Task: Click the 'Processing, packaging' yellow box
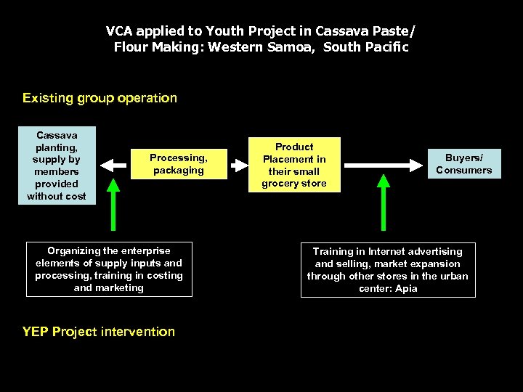pos(179,164)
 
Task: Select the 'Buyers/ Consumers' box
pos(463,164)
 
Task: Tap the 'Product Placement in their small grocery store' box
pos(294,165)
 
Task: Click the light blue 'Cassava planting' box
pos(57,166)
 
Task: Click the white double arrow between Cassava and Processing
pos(113,165)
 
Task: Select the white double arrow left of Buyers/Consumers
pos(384,165)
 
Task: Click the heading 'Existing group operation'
pos(100,98)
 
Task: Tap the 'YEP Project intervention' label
pos(99,332)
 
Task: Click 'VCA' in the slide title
pos(120,31)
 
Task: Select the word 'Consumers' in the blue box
pos(463,171)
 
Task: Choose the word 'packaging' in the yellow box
pos(179,171)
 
